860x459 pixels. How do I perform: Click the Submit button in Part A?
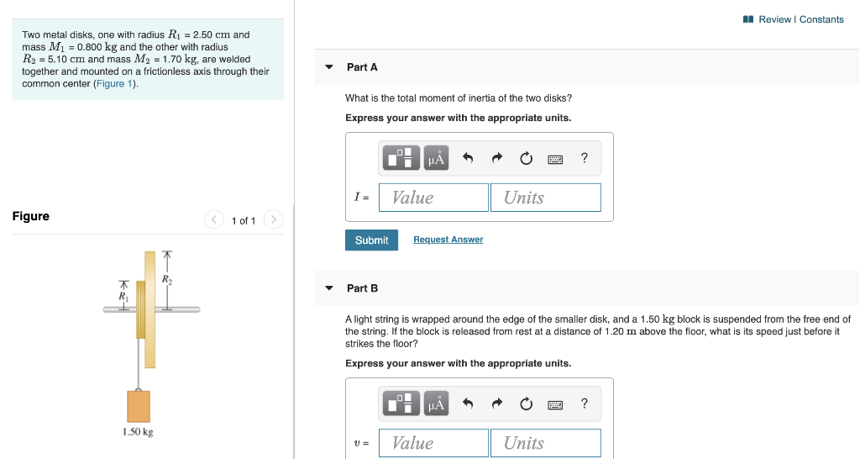point(371,240)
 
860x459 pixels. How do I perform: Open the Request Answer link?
point(448,240)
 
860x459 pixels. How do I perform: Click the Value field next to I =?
point(433,198)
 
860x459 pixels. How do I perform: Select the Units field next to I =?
point(545,198)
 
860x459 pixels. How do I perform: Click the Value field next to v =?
point(433,443)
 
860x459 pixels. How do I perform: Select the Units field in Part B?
point(545,443)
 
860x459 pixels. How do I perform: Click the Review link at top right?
point(774,19)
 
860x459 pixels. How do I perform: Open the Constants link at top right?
point(821,19)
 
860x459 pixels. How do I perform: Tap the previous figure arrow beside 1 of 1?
point(213,220)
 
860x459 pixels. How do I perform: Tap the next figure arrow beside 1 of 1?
point(273,220)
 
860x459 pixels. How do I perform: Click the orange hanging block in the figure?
point(139,406)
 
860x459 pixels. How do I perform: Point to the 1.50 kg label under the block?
point(138,432)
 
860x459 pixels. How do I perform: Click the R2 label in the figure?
point(166,278)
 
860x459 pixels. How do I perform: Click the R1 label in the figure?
point(123,296)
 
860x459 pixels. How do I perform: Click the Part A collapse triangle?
point(329,67)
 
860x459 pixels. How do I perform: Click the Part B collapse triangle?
point(329,288)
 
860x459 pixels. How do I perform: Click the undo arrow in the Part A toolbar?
point(469,158)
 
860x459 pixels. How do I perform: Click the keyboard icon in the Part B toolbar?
point(555,404)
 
